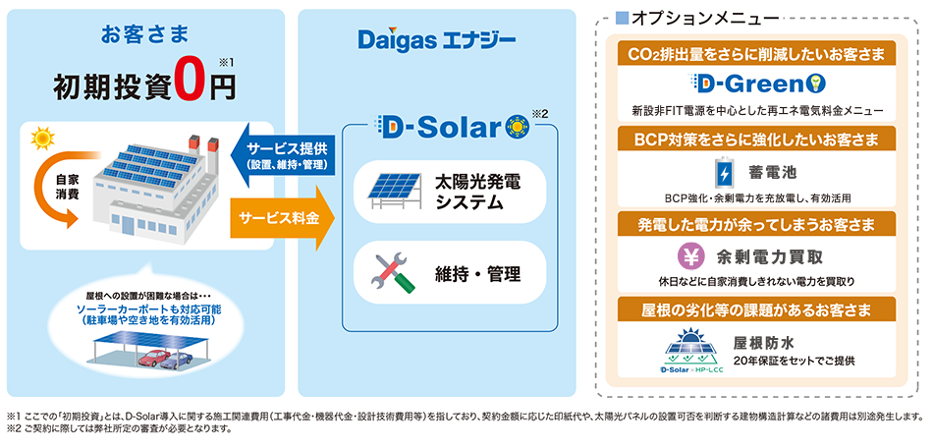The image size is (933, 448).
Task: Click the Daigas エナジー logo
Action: coord(437,42)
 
